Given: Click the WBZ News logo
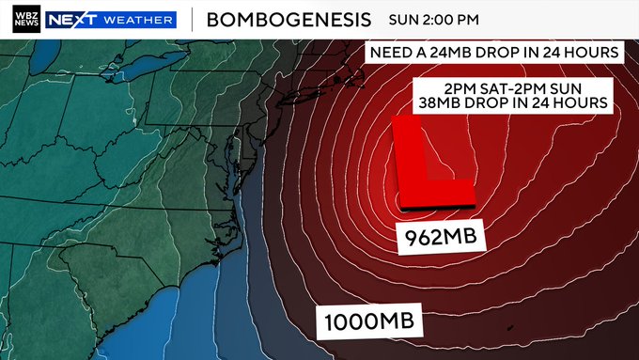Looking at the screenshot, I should [26, 19].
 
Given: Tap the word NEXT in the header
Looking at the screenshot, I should [67, 19].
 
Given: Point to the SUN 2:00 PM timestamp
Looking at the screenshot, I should [433, 19].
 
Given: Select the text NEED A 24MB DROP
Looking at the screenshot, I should [442, 52].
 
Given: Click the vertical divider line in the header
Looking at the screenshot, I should [193, 19].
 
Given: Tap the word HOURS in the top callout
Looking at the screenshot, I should [588, 52].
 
